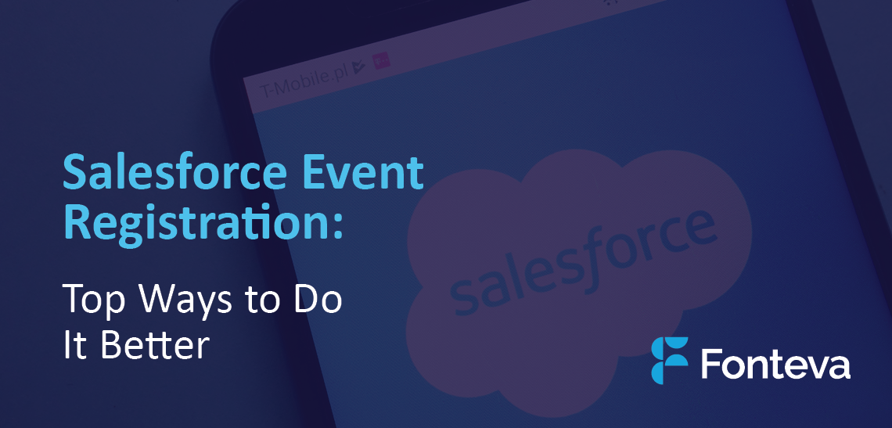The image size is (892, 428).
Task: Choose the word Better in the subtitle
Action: [x=155, y=343]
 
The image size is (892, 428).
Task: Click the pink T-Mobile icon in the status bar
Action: [x=380, y=61]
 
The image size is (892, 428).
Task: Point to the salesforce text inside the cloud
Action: [x=581, y=262]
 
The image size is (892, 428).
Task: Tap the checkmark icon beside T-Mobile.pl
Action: [x=358, y=67]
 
